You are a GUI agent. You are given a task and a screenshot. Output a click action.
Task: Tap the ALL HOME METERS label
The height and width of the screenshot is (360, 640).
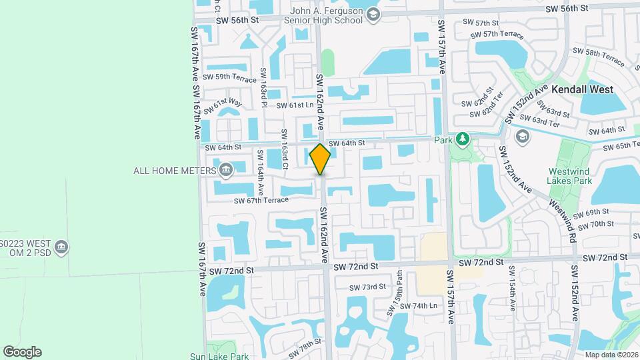coord(175,170)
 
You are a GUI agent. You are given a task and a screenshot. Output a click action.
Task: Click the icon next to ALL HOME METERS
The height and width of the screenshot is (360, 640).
coord(225,169)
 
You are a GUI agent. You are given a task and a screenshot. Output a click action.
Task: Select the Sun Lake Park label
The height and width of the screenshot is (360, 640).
coord(220,356)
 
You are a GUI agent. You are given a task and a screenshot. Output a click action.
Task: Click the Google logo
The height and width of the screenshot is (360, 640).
coord(22,352)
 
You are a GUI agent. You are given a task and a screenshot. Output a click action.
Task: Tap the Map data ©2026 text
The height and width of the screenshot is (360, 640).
coord(611,354)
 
